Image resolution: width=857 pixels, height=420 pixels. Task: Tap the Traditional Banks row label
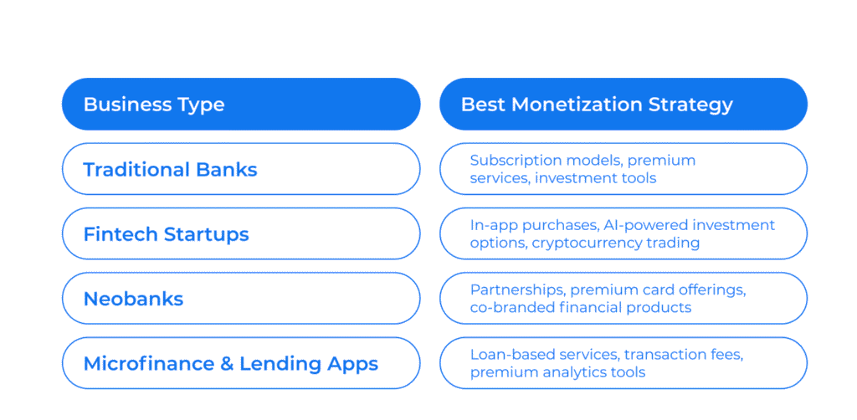[170, 169]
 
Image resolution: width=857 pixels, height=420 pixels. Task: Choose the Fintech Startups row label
[167, 234]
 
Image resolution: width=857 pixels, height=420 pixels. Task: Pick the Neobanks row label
[133, 299]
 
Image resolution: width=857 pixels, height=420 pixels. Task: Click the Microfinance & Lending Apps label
[231, 364]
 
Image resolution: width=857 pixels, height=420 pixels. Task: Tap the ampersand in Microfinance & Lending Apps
[227, 364]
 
